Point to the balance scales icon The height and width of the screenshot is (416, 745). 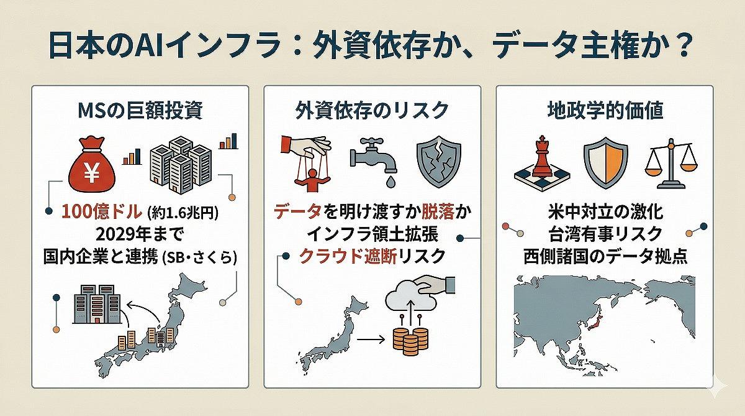pos(671,163)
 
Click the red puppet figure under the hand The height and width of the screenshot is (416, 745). pos(312,180)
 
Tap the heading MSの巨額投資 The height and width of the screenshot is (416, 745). pos(140,110)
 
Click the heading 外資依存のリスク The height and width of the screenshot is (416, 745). pos(372,110)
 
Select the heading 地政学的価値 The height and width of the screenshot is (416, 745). pos(605,110)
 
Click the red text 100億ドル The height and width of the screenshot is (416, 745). pos(101,211)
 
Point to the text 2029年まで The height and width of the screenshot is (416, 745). pos(140,234)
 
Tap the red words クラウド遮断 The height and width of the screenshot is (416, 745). pos(348,256)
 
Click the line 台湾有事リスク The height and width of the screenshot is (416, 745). pos(605,234)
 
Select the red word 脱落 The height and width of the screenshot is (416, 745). pos(438,211)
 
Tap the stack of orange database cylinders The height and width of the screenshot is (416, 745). pos(410,341)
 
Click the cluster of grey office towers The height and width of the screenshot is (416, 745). pos(181,165)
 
